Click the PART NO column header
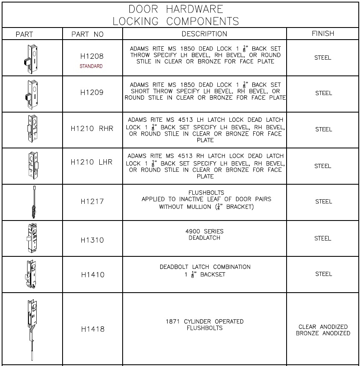[87, 34]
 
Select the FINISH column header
[323, 33]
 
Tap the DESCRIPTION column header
[204, 34]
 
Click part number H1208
[92, 56]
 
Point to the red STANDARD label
[91, 66]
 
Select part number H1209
[92, 93]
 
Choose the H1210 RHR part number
[92, 129]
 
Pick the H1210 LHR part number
[92, 162]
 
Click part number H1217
[92, 201]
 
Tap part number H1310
[92, 240]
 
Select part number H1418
[93, 329]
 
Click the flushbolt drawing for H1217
[32, 203]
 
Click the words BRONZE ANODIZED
[323, 333]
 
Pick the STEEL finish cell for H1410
[323, 274]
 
